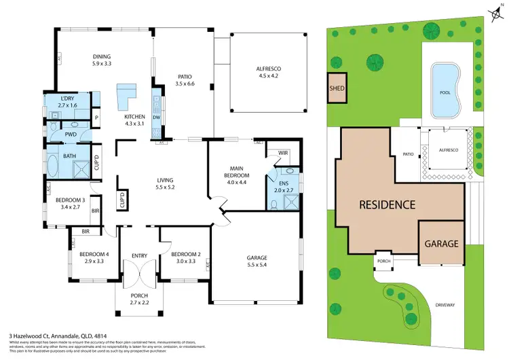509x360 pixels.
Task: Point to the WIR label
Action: coord(283,154)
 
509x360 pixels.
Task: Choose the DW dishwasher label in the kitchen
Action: coord(157,118)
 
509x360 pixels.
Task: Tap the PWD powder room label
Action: coord(71,134)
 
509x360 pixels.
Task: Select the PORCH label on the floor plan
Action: coord(139,294)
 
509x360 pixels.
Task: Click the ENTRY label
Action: coord(140,255)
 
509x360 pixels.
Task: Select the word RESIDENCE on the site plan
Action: coord(386,204)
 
